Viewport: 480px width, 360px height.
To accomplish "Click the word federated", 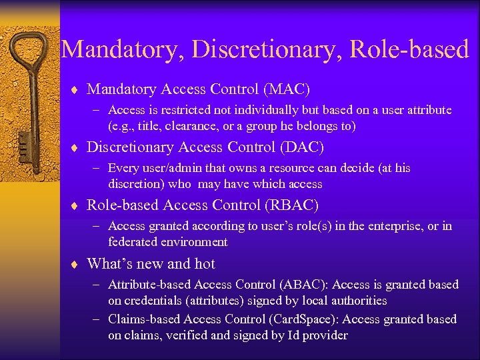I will tap(134, 242).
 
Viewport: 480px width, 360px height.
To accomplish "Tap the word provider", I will tap(325, 335).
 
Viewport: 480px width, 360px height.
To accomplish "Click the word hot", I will tap(205, 263).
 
